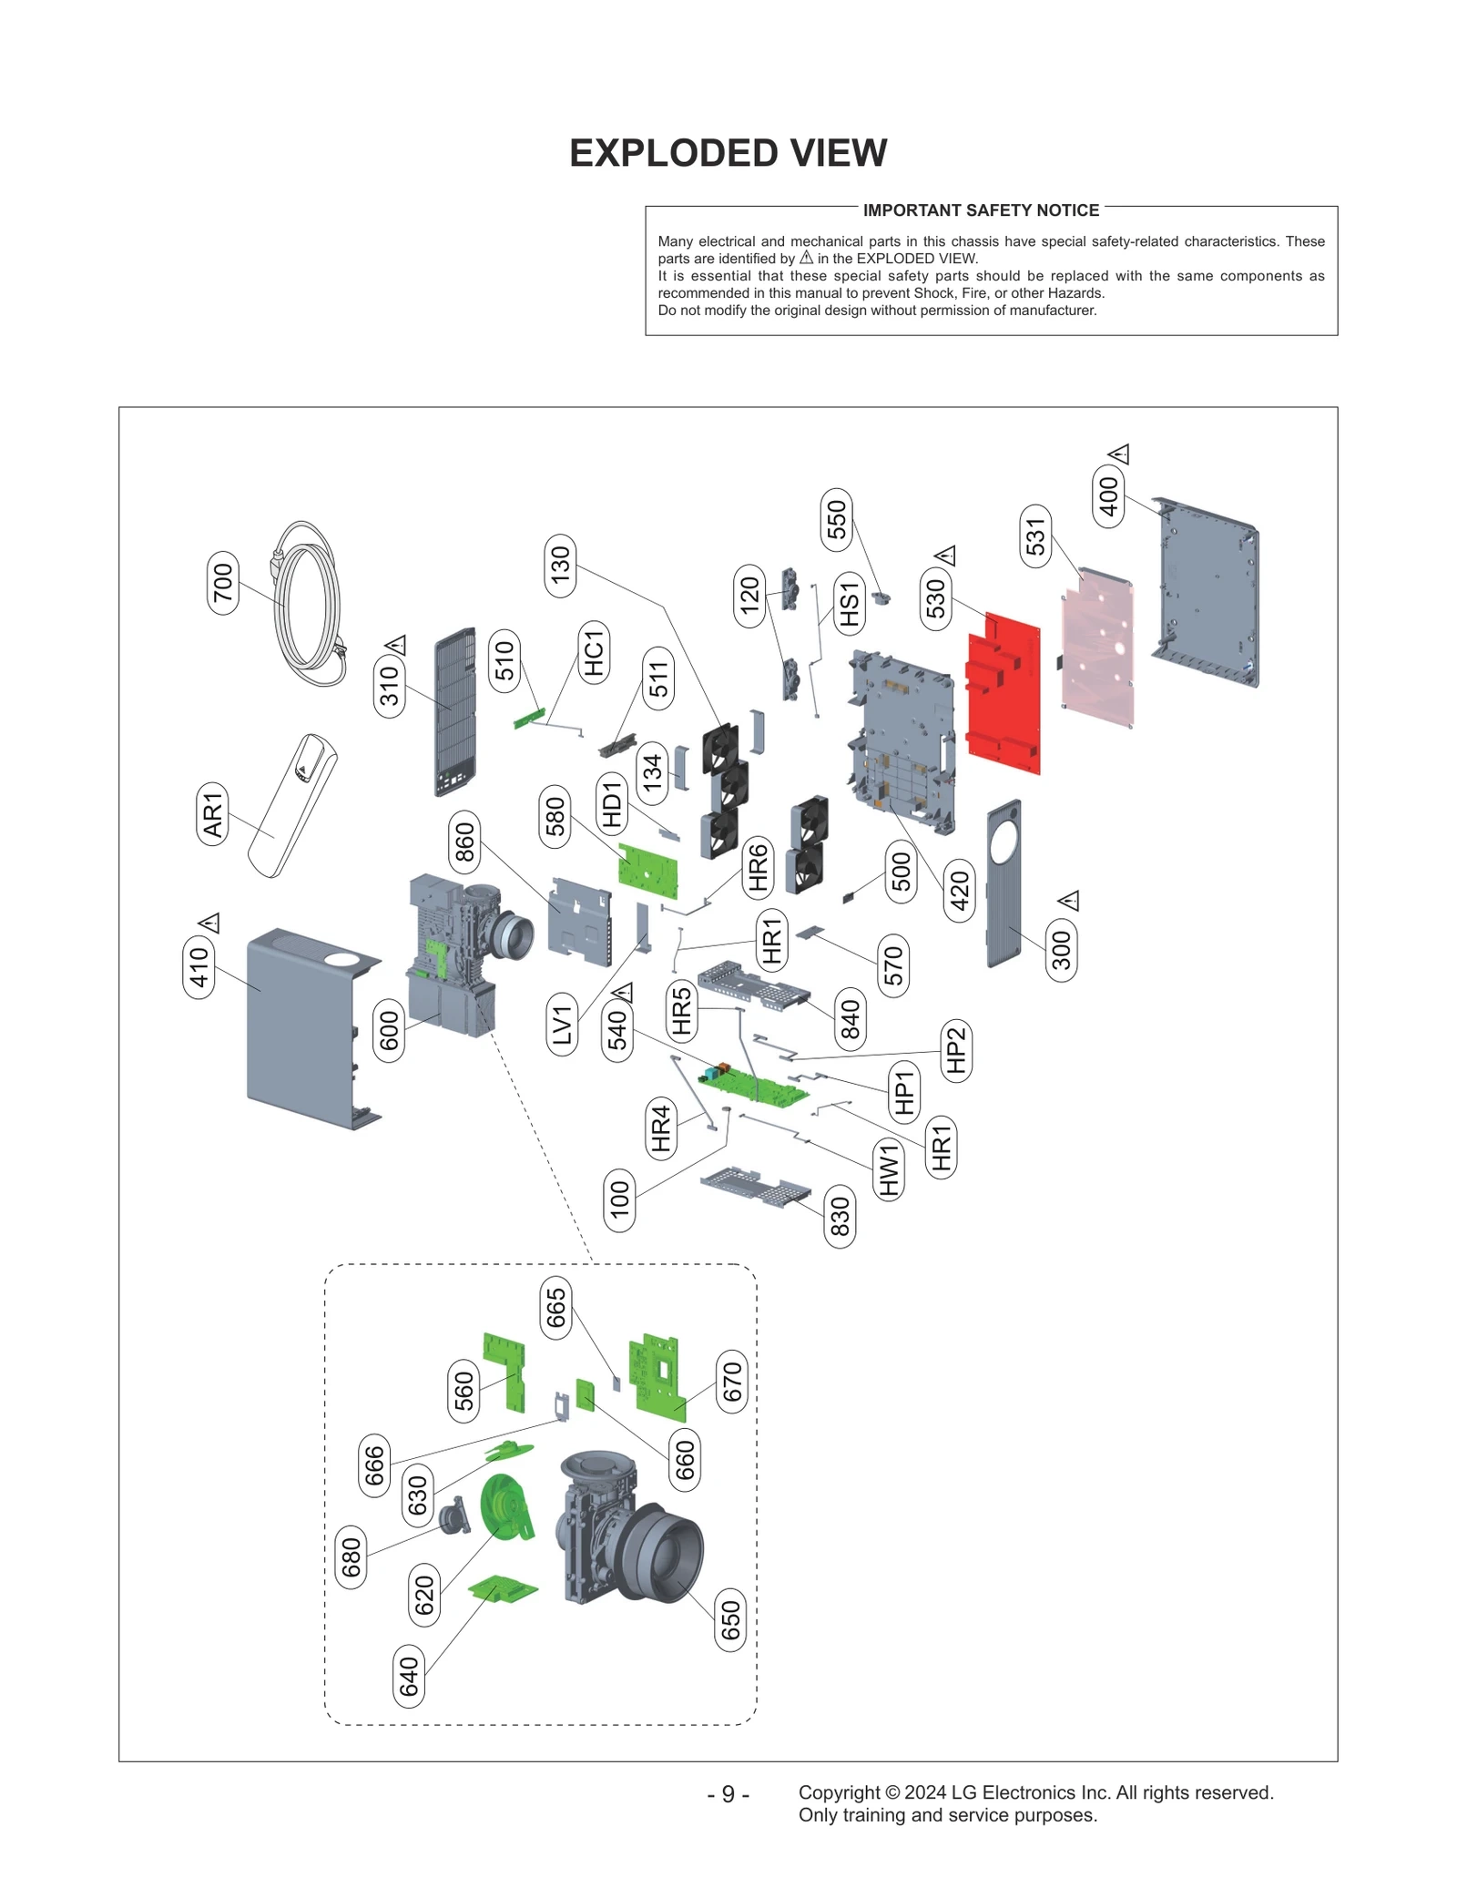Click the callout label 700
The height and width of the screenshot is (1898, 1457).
pos(223,583)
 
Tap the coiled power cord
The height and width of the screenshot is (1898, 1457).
pos(310,606)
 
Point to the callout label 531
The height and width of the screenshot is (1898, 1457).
pos(1035,536)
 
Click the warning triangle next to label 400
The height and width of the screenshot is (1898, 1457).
pos(1119,453)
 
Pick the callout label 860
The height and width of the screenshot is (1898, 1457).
pos(464,842)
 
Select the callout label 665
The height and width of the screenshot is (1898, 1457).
pos(555,1309)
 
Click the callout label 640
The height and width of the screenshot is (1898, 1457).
pos(409,1677)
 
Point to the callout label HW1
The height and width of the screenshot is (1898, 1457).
pos(889,1170)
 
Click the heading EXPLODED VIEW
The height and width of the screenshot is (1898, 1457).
pos(728,153)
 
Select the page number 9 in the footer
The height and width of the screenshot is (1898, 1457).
pos(728,1793)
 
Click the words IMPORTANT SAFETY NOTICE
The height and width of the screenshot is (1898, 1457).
pos(981,210)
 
